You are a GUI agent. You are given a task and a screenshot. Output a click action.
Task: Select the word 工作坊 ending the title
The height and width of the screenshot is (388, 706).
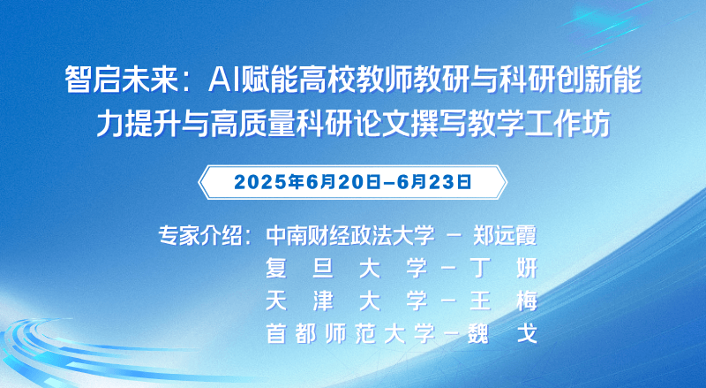point(567,123)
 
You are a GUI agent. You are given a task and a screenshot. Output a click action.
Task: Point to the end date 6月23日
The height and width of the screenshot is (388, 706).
point(434,182)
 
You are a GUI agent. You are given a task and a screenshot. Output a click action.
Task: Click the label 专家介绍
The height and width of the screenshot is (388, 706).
point(200,235)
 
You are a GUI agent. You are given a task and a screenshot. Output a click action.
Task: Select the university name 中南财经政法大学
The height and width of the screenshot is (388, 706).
point(350,235)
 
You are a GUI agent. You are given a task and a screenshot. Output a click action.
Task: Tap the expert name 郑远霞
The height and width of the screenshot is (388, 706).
point(505,235)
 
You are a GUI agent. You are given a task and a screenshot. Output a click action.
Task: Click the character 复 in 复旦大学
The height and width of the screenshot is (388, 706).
point(276,268)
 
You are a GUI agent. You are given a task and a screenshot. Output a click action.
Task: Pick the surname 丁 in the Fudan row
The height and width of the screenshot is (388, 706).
point(480,268)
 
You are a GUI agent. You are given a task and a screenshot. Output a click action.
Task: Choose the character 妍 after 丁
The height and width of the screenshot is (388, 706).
point(527,268)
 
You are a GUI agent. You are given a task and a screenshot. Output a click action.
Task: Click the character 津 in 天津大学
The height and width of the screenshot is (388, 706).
point(323,301)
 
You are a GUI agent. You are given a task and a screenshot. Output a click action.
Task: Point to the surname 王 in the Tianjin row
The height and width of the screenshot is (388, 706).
point(480,301)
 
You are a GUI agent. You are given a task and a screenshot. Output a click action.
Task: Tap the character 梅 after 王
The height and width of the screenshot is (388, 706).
point(527,301)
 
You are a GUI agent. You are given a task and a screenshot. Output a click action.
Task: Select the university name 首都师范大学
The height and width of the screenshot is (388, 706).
point(350,334)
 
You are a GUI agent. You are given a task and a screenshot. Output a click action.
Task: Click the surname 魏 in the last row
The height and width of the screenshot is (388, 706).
point(478,334)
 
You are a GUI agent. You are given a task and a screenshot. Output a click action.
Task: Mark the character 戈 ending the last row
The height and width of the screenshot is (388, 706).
point(527,334)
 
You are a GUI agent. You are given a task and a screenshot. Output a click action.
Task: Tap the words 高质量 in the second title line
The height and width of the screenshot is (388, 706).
point(253,123)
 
